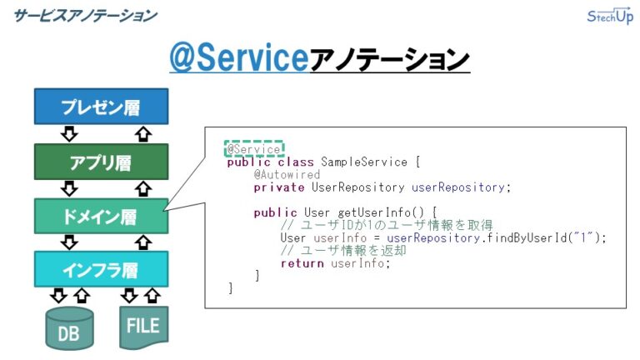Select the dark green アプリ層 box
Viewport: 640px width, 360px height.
(x=101, y=161)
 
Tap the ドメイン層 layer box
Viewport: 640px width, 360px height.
(x=101, y=216)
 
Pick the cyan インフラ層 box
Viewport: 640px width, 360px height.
(x=101, y=269)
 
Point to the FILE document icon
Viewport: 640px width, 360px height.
(x=142, y=327)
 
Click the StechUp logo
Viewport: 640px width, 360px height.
(x=610, y=17)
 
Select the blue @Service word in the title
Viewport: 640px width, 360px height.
(x=237, y=58)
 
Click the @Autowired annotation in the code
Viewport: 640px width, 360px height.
(x=287, y=175)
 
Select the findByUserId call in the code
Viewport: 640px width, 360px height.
(x=546, y=237)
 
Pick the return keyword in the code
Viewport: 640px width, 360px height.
(x=300, y=263)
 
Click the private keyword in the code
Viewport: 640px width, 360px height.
(x=278, y=187)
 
